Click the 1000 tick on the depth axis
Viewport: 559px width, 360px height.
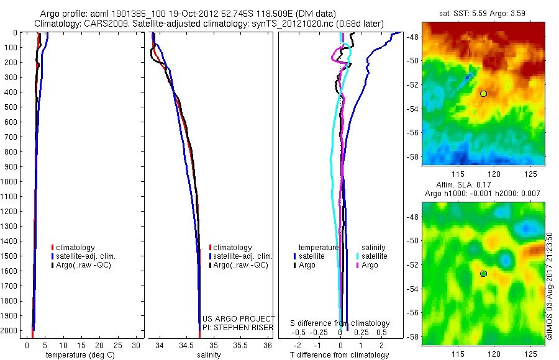click(11, 182)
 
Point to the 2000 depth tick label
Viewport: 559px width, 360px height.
click(11, 331)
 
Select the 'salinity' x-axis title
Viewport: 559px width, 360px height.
click(209, 355)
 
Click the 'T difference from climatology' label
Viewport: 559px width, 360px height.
click(340, 355)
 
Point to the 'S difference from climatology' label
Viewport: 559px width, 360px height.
click(340, 323)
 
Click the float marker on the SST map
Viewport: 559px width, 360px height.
click(483, 94)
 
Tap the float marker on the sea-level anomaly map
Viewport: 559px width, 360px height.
click(483, 274)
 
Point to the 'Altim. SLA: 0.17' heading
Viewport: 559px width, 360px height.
click(483, 184)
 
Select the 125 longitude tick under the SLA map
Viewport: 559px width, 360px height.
click(530, 353)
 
